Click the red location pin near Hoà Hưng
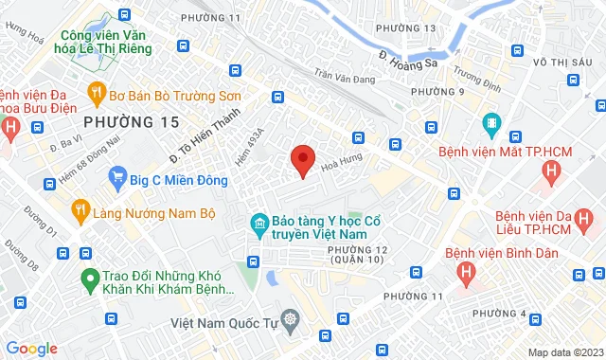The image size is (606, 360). pos(302,160)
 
